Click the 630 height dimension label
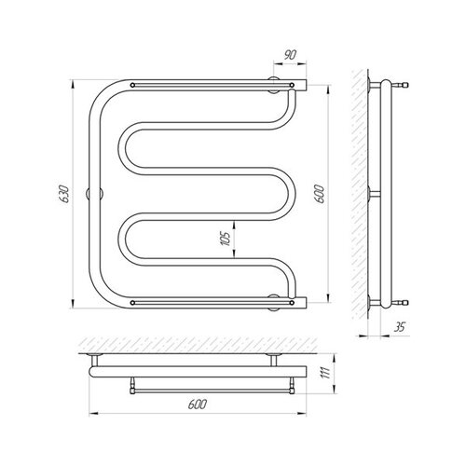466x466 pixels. [x=64, y=194]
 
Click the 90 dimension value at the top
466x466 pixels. [x=290, y=55]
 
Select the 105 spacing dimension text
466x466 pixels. [x=226, y=239]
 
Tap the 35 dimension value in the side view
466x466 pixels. [x=400, y=327]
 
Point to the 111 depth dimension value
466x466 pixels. [x=324, y=372]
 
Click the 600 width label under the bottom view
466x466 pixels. [x=198, y=404]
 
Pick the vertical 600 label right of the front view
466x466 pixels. [x=320, y=194]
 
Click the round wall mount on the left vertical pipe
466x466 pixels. [x=94, y=194]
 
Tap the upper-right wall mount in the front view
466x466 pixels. [x=273, y=85]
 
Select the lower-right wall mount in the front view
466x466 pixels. [x=273, y=302]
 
